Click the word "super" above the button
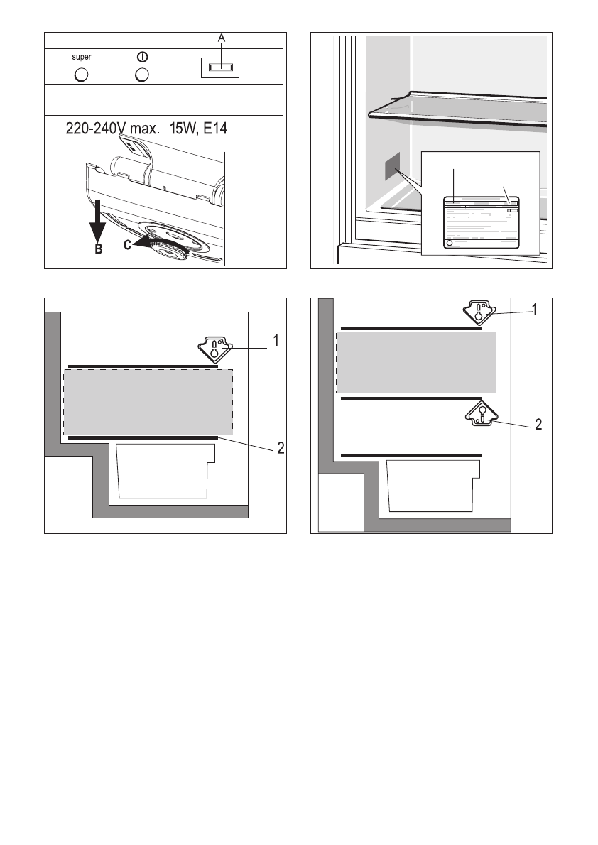click(x=80, y=57)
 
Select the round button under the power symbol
click(x=142, y=74)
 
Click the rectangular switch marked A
click(x=219, y=67)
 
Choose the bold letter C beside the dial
click(x=127, y=246)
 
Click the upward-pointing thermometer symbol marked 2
click(x=481, y=415)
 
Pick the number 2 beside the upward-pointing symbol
click(x=538, y=425)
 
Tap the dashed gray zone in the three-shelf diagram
click(x=415, y=361)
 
